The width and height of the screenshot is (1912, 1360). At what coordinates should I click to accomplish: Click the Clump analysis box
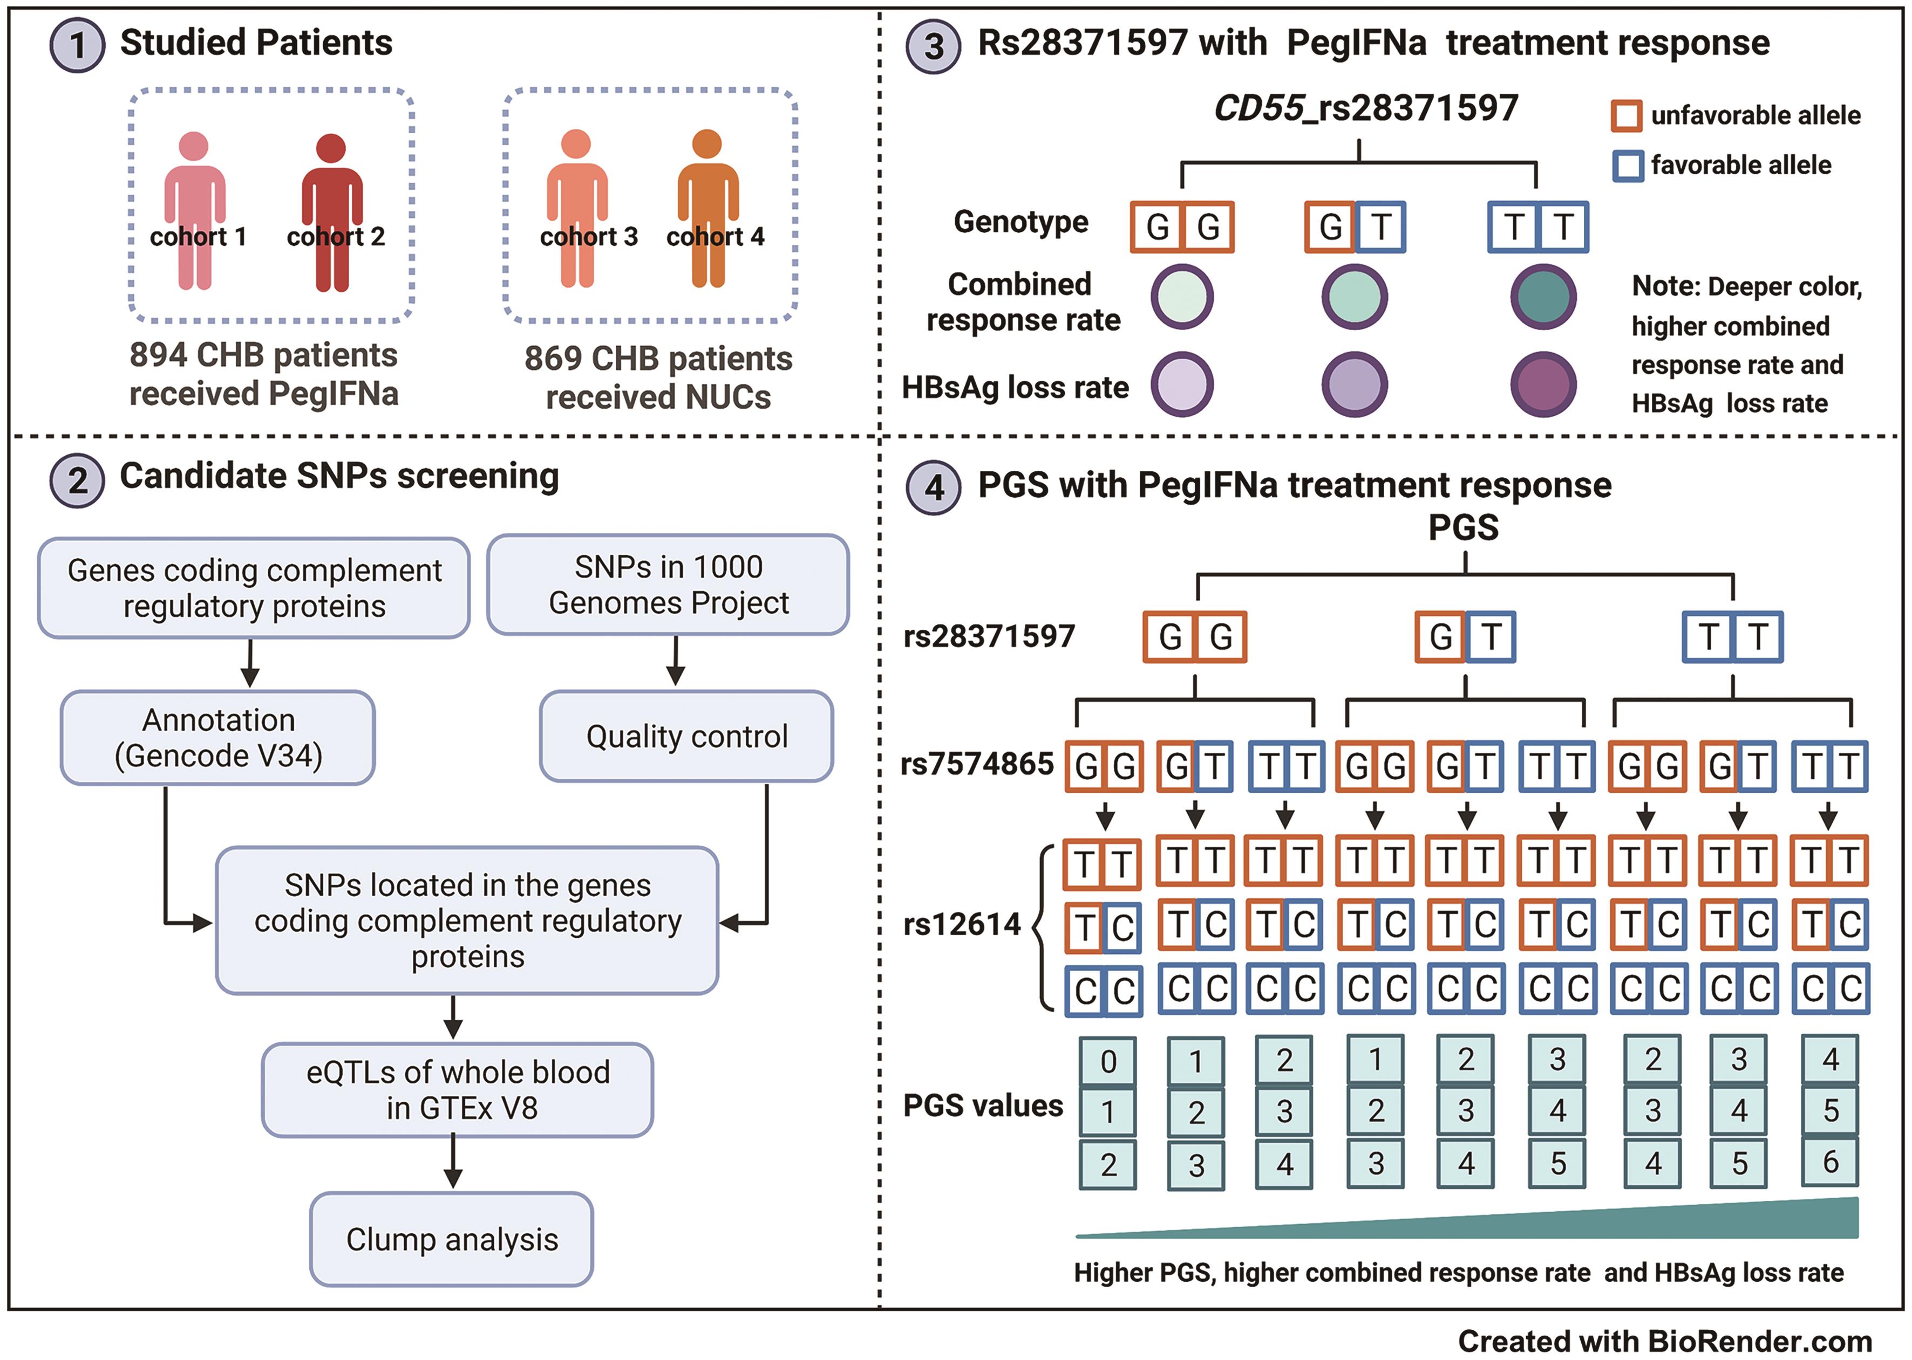[452, 1239]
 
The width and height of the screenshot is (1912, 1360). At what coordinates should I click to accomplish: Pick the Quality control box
[686, 736]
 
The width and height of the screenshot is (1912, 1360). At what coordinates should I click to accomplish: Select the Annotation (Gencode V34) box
[218, 738]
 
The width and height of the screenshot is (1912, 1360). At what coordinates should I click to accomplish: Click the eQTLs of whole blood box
[458, 1089]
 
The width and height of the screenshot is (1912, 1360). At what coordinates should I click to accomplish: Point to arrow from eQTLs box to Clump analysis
[453, 1162]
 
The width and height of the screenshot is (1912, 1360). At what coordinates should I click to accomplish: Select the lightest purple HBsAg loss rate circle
[1181, 385]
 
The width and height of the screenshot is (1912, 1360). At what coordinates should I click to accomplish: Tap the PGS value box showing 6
[1830, 1162]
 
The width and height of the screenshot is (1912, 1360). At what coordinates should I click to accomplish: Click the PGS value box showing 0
[1108, 1062]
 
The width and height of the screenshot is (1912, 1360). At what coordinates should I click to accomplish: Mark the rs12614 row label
[962, 924]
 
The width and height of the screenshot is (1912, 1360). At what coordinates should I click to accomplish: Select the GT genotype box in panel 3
[1355, 227]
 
